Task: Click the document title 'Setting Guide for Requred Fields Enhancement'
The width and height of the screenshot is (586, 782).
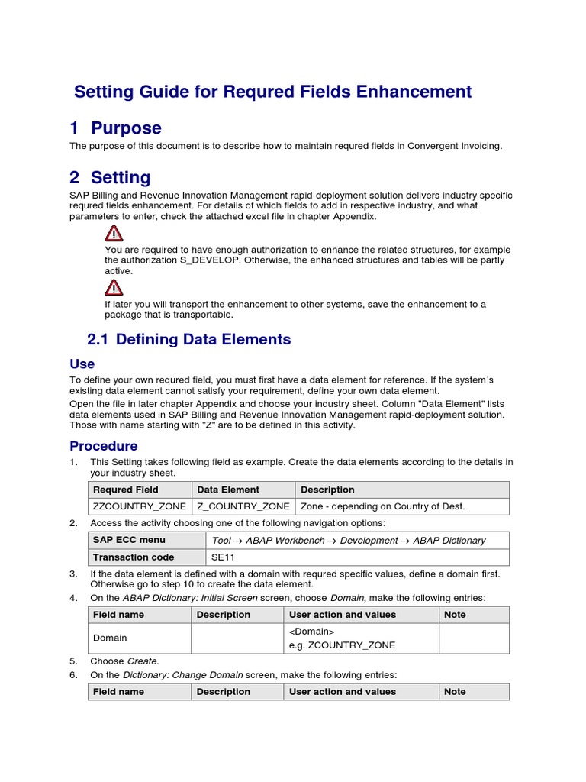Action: pyautogui.click(x=272, y=92)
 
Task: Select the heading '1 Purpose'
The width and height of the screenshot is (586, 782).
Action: pyautogui.click(x=115, y=128)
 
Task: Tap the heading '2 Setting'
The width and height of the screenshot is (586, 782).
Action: pyautogui.click(x=110, y=178)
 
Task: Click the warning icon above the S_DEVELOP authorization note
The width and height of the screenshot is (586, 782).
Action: pyautogui.click(x=114, y=233)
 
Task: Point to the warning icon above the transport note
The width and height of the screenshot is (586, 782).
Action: pyautogui.click(x=114, y=287)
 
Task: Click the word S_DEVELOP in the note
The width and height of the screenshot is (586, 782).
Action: pyautogui.click(x=206, y=260)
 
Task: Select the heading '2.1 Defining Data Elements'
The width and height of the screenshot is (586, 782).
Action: pyautogui.click(x=190, y=340)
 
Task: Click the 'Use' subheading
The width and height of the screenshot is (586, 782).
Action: pyautogui.click(x=82, y=364)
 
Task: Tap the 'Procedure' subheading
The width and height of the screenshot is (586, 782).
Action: pyautogui.click(x=104, y=446)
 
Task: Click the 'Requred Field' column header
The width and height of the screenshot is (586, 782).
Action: pyautogui.click(x=126, y=490)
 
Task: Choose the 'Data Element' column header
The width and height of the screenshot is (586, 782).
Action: pyautogui.click(x=228, y=490)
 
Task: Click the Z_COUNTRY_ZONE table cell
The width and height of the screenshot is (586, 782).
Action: pyautogui.click(x=243, y=506)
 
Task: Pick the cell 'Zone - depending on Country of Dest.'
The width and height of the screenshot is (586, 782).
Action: pyautogui.click(x=382, y=506)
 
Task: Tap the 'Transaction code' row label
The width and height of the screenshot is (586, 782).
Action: pyautogui.click(x=134, y=557)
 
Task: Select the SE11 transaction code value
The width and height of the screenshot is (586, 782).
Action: pyautogui.click(x=223, y=557)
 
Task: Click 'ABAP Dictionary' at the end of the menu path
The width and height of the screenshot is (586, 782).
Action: pyautogui.click(x=450, y=541)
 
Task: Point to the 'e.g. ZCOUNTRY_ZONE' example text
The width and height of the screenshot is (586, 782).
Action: pyautogui.click(x=342, y=645)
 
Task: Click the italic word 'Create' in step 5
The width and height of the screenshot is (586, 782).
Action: pyautogui.click(x=143, y=661)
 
